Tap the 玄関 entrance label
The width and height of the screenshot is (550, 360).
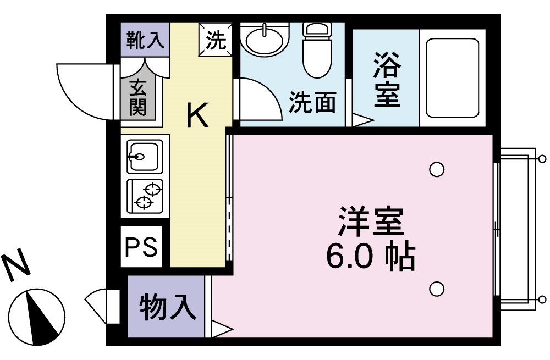(139, 98)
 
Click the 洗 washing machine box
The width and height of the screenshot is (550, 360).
(216, 40)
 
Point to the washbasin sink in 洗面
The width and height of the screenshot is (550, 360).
(266, 38)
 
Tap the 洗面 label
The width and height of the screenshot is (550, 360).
(312, 102)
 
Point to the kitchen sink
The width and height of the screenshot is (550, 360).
(144, 156)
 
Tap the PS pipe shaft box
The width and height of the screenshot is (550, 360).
(141, 247)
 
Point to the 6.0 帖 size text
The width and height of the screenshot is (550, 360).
(370, 255)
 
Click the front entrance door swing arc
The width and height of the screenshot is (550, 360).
(82, 91)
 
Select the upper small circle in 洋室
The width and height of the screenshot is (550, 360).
(437, 169)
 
